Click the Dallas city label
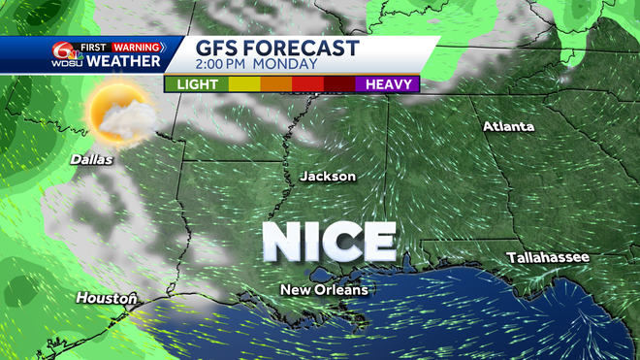pyautogui.click(x=91, y=159)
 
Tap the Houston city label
pyautogui.click(x=106, y=299)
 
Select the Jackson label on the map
pyautogui.click(x=328, y=177)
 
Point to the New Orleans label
pyautogui.click(x=324, y=290)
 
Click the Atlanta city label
pyautogui.click(x=509, y=127)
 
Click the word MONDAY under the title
pyautogui.click(x=290, y=65)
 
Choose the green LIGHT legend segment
pyautogui.click(x=197, y=84)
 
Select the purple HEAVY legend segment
pyautogui.click(x=386, y=84)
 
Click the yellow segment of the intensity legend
pyautogui.click(x=243, y=84)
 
